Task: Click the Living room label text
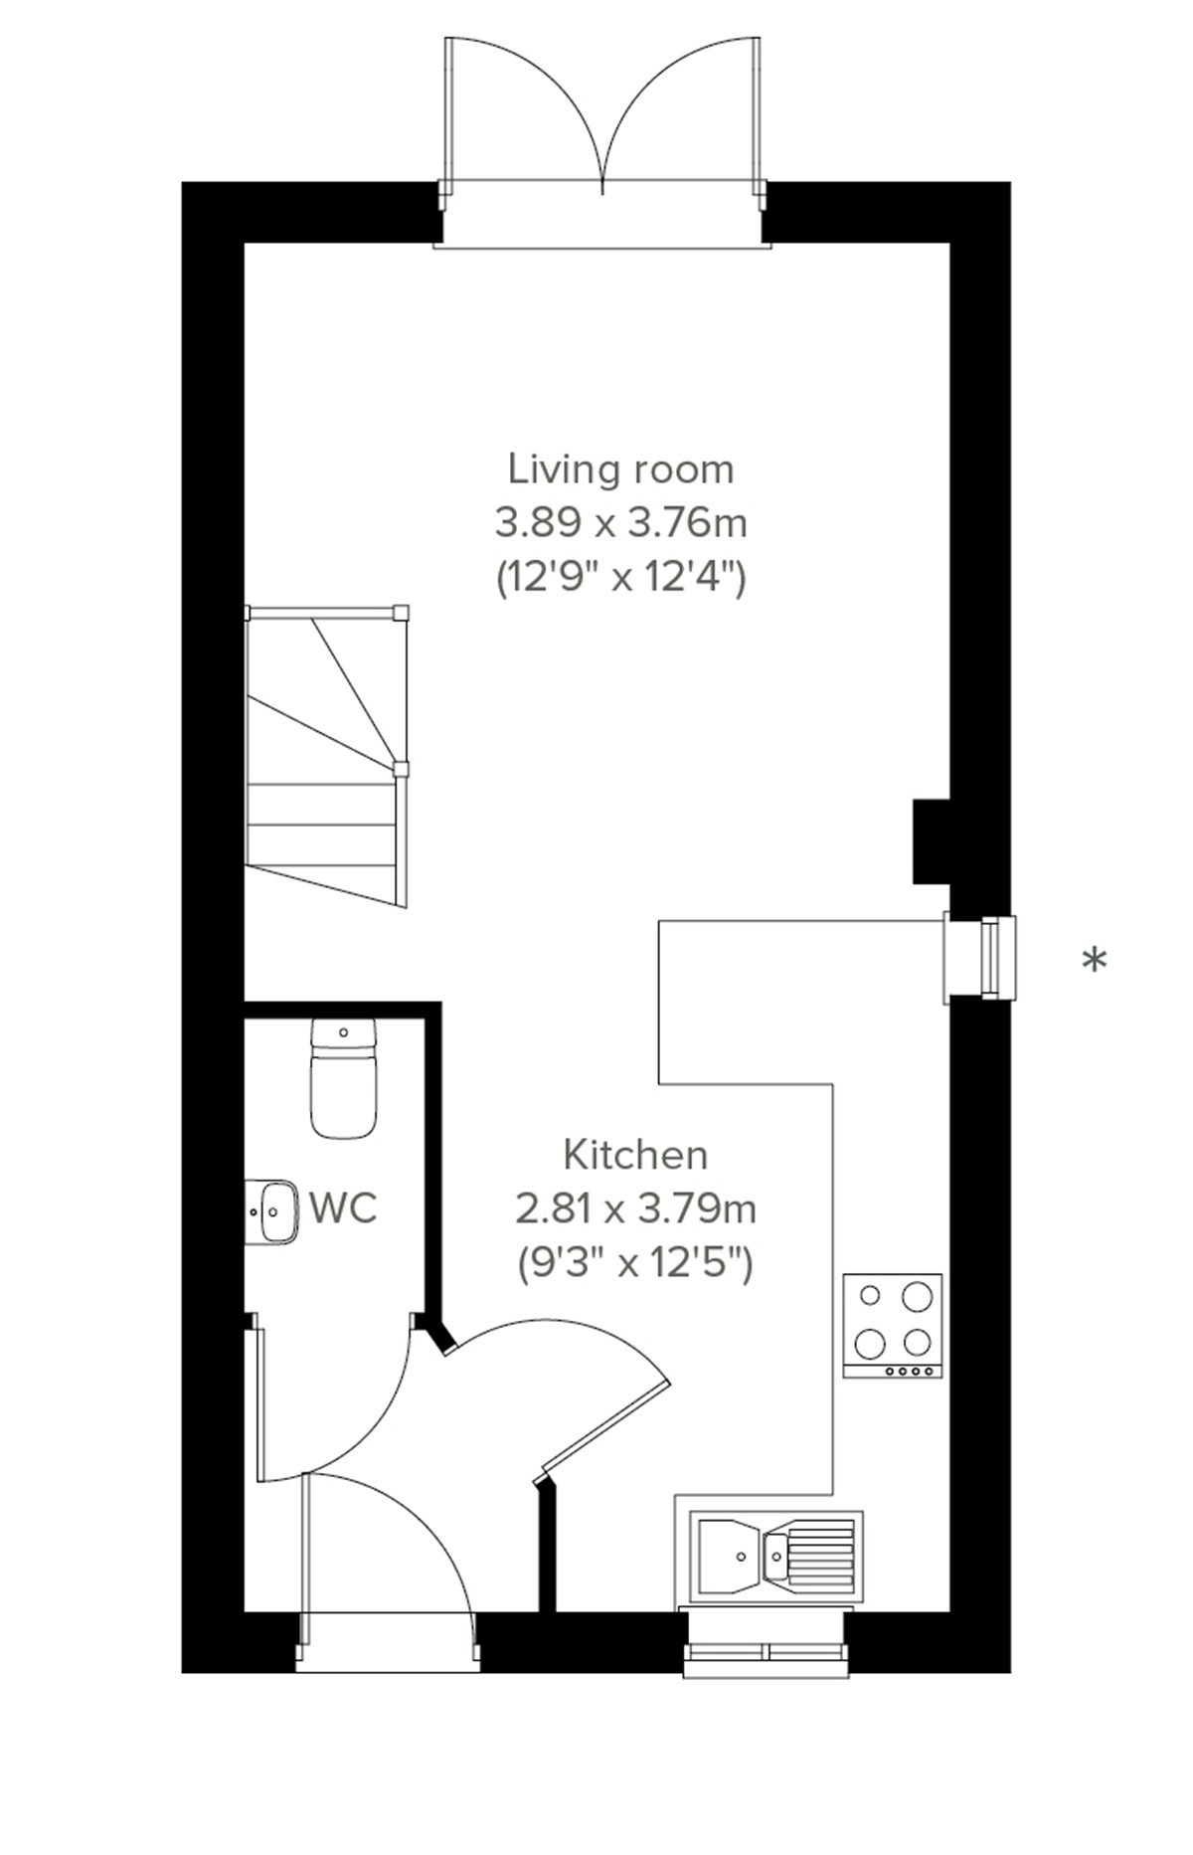[x=620, y=468]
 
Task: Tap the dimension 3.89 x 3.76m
[x=620, y=522]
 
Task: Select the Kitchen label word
[x=635, y=1156]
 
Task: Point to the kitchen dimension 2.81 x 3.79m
[x=635, y=1209]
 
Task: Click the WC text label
[x=343, y=1208]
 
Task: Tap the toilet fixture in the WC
[x=344, y=1079]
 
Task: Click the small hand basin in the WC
[x=271, y=1211]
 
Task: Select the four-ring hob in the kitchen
[x=892, y=1325]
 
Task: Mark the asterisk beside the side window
[x=1094, y=962]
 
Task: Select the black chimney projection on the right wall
[x=932, y=841]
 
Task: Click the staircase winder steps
[x=328, y=696]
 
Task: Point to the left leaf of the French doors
[x=522, y=109]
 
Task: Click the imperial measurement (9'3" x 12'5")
[x=635, y=1264]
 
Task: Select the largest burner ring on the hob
[x=917, y=1296]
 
